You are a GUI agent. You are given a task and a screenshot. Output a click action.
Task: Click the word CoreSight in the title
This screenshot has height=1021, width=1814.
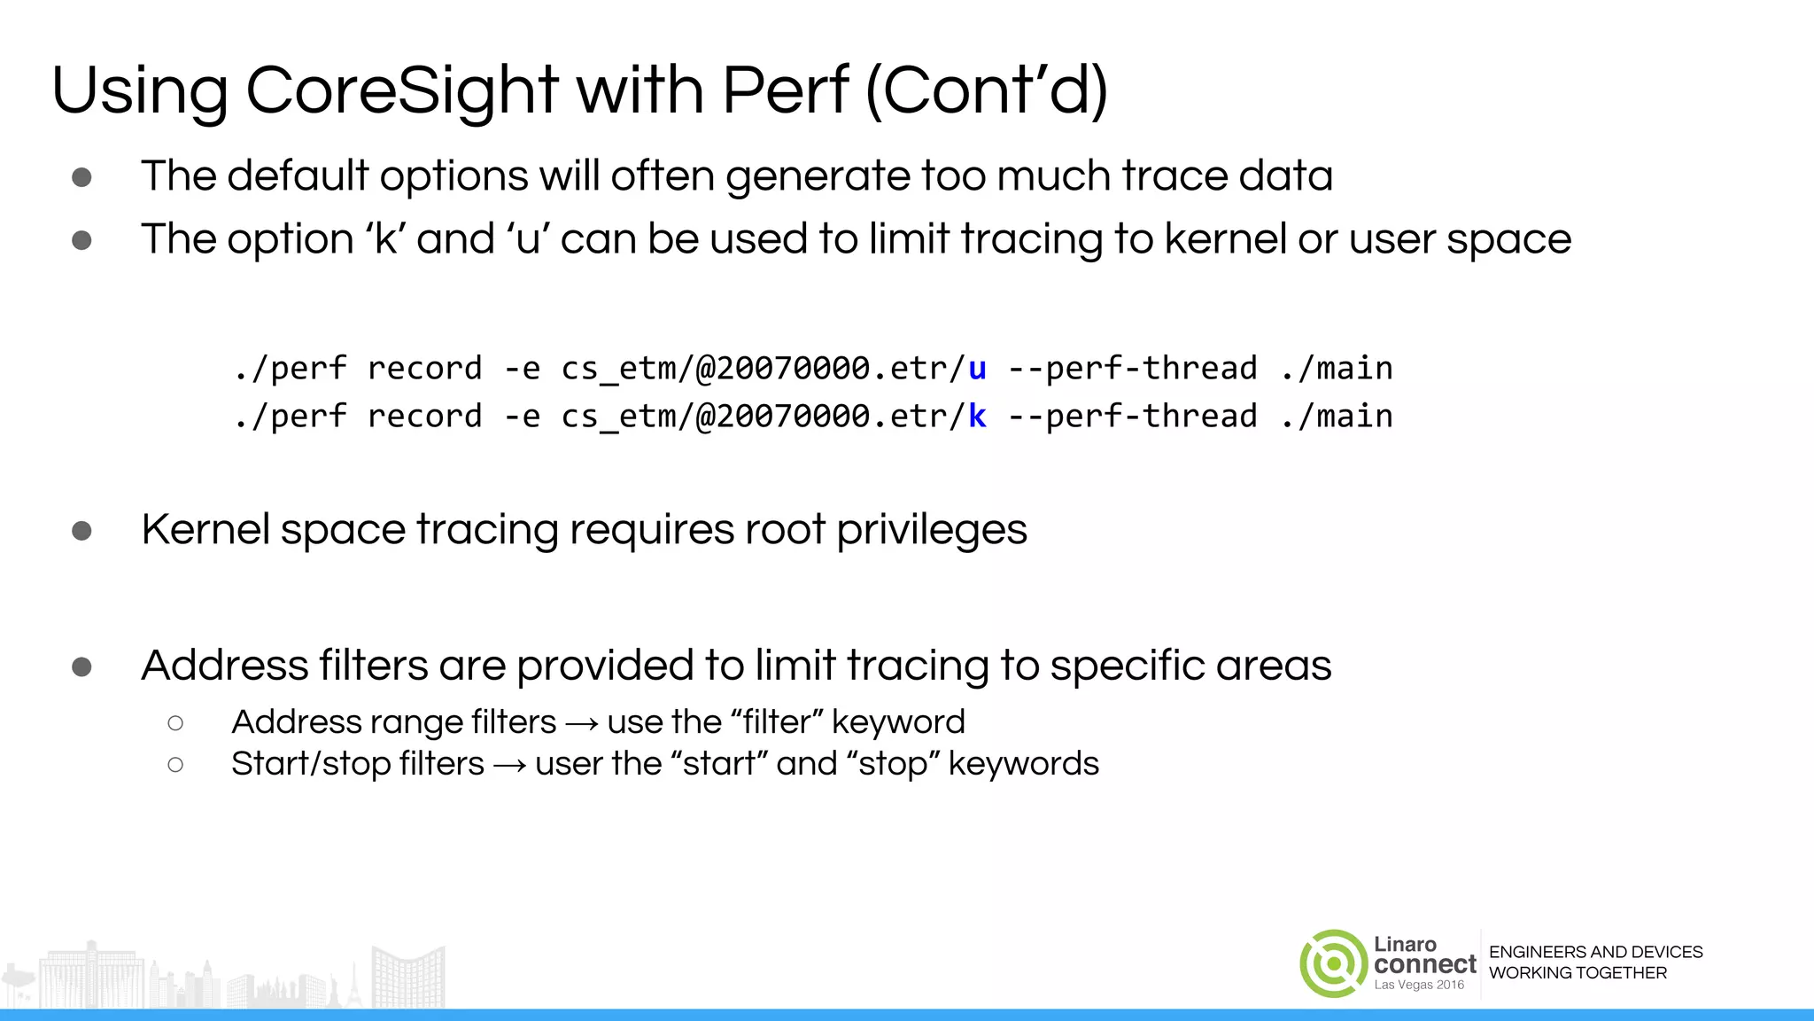[x=401, y=90]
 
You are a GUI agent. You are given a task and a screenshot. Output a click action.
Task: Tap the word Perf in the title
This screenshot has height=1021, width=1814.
[x=785, y=90]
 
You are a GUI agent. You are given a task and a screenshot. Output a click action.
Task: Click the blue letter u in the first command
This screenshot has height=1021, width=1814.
[x=977, y=369]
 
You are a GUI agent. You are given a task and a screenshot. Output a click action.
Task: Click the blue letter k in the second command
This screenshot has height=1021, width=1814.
[x=977, y=417]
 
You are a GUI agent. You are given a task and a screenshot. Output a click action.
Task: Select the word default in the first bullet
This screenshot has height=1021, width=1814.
[x=298, y=175]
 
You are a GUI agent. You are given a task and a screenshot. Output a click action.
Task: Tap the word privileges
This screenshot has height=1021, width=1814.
[x=931, y=530]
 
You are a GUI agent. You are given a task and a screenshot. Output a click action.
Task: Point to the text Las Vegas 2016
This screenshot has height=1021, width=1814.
[x=1419, y=986]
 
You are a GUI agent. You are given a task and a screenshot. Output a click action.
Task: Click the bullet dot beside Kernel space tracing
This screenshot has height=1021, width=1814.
[x=81, y=531]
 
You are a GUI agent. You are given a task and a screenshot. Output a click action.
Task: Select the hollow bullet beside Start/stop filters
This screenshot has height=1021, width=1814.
[x=175, y=765]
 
